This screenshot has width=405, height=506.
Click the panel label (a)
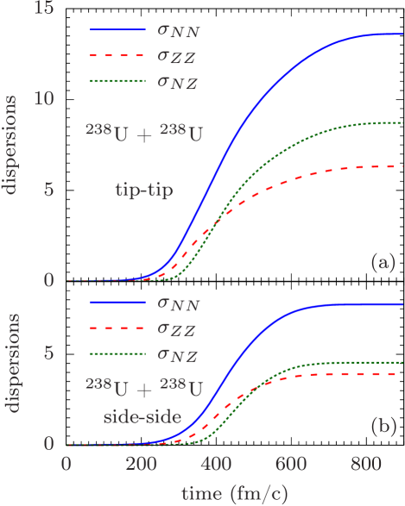point(382,261)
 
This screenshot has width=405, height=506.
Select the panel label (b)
point(382,426)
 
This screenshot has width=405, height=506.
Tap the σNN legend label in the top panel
point(180,32)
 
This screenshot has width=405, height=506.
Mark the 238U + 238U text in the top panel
point(144,134)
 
